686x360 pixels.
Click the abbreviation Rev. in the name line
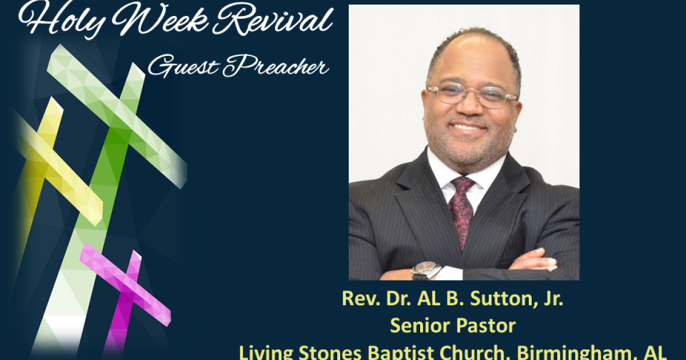tap(358, 299)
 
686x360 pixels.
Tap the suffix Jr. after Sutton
tap(549, 299)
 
